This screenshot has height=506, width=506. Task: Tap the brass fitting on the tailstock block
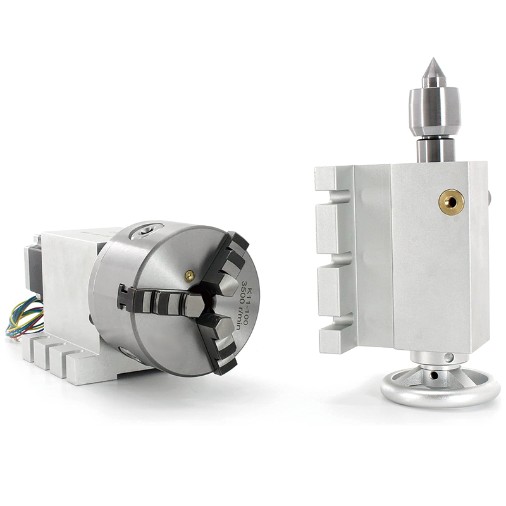[452, 201]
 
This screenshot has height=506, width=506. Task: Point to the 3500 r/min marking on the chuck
[238, 290]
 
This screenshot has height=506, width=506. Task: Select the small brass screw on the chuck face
[188, 275]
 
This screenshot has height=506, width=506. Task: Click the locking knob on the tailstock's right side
[491, 192]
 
